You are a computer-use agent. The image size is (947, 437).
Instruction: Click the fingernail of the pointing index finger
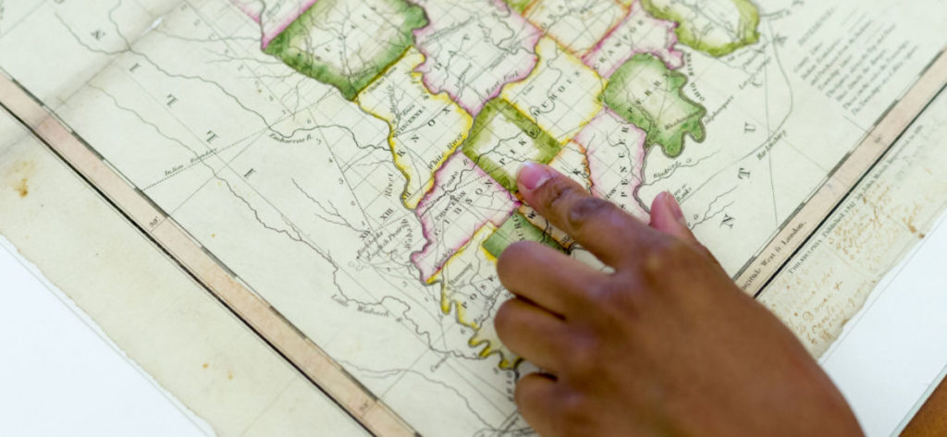pos(535,176)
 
